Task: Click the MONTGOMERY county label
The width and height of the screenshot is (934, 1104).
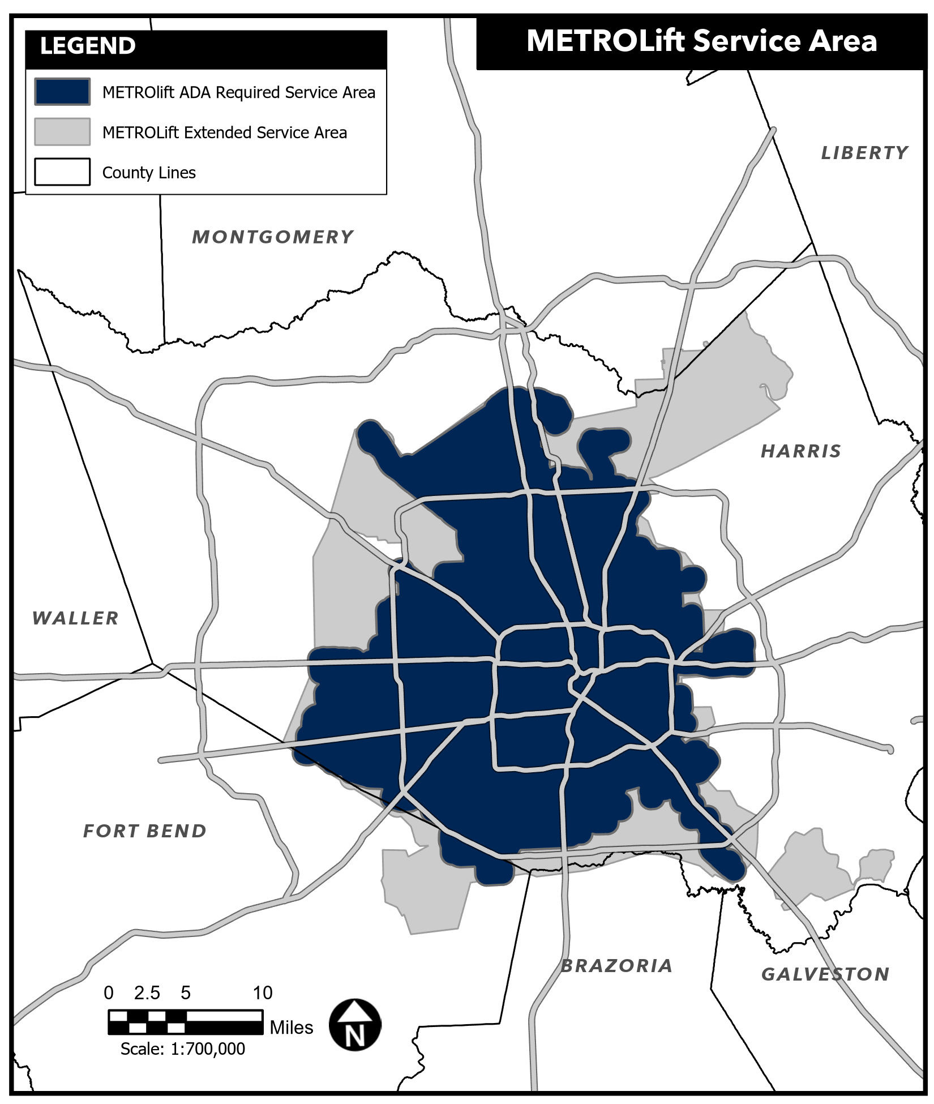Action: pos(273,237)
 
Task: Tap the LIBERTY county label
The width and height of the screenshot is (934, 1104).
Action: pos(864,153)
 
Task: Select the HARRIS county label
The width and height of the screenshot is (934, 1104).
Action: pos(800,451)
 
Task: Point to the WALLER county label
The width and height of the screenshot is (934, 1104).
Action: pos(75,618)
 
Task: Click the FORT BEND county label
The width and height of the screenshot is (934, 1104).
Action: pos(145,831)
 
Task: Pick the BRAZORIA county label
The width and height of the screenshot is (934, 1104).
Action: pos(616,966)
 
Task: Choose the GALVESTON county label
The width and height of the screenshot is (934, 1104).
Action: pos(825,974)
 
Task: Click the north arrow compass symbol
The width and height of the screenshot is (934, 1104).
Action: pos(355,1025)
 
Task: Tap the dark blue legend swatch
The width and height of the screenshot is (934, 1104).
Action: pos(62,92)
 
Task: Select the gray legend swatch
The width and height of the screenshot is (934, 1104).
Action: pos(62,132)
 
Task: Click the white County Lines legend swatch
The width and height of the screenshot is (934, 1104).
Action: pos(62,172)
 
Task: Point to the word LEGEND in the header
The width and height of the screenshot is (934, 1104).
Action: pos(88,46)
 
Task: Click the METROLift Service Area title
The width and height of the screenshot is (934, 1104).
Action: pos(701,41)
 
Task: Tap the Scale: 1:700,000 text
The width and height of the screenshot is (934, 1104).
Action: pos(183,1049)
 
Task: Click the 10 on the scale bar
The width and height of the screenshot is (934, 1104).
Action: pos(262,993)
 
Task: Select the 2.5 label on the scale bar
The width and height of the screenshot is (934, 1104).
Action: pos(147,993)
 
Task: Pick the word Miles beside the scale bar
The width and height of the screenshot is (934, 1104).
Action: pos(292,1028)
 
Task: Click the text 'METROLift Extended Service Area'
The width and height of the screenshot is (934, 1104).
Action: pos(225,132)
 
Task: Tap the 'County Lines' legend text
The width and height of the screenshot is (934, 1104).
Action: pos(149,173)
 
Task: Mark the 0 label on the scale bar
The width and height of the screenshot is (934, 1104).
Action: pos(109,993)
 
